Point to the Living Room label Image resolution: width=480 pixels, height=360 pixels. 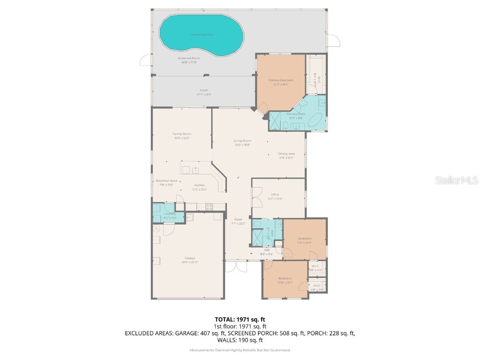[x=242, y=141]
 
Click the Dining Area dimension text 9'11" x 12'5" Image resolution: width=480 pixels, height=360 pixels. [x=286, y=158]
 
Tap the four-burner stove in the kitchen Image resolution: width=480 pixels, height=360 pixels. [x=209, y=206]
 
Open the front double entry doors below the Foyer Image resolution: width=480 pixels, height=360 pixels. [x=235, y=267]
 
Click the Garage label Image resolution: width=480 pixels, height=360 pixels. [x=189, y=258]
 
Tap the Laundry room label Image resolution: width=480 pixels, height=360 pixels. [x=170, y=214]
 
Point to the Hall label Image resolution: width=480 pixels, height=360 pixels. [x=266, y=250]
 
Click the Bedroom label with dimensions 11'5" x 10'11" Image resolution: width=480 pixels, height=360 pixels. [x=304, y=239]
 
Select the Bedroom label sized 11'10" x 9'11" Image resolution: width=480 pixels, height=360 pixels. [x=285, y=278]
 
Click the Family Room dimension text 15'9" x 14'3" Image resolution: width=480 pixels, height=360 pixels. [x=181, y=138]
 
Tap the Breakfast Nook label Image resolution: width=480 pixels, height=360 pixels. [x=166, y=180]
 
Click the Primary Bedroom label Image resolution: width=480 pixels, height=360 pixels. [x=281, y=80]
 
